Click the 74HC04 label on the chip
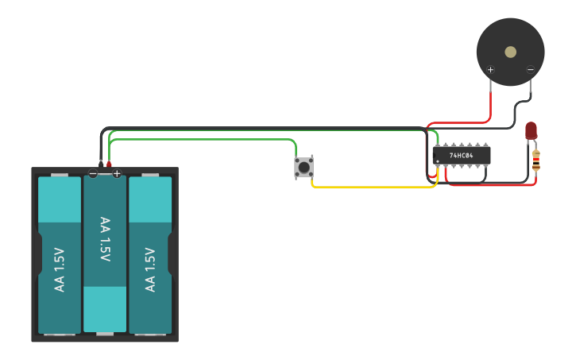(x=462, y=156)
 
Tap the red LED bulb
(x=531, y=130)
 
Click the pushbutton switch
(x=303, y=167)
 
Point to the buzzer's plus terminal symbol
(x=490, y=70)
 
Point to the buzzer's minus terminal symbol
(x=531, y=70)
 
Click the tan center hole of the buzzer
(x=510, y=52)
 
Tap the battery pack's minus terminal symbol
(x=93, y=173)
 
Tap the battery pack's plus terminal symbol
(x=117, y=173)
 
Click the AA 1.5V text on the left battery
(x=60, y=270)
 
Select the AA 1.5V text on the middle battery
(x=105, y=238)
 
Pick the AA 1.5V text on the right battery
(x=150, y=270)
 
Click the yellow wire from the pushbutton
(x=373, y=188)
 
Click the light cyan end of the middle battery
(x=105, y=309)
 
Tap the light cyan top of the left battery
(x=60, y=199)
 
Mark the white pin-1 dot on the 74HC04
(x=438, y=161)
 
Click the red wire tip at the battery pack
(x=110, y=164)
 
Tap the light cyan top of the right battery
(x=150, y=199)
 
